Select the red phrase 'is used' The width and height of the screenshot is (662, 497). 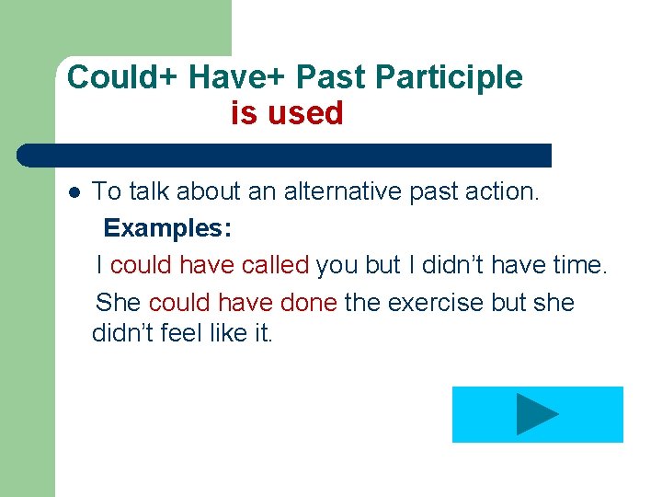tap(287, 113)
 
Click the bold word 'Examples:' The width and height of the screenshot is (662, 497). tap(167, 228)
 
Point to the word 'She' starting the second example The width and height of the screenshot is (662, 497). tap(118, 302)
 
